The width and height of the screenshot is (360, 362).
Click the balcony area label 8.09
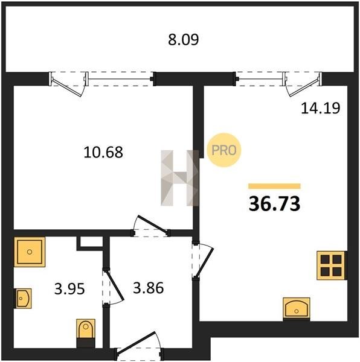click(x=183, y=40)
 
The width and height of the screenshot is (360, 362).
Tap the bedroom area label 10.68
click(x=103, y=153)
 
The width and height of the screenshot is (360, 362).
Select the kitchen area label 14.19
click(x=321, y=108)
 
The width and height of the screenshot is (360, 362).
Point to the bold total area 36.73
click(x=274, y=204)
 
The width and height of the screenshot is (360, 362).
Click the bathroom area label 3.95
click(x=69, y=289)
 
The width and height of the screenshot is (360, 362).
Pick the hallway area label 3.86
click(x=149, y=288)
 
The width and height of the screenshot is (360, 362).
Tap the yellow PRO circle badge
click(x=224, y=150)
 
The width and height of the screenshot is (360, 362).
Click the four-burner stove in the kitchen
click(x=332, y=265)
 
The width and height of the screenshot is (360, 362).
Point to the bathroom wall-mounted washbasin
click(x=22, y=298)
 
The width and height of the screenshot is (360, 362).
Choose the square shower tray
click(x=30, y=252)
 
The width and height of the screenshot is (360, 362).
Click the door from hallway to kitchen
click(x=204, y=260)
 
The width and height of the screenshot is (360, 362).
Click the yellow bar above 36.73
click(x=274, y=186)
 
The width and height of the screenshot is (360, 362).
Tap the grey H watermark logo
click(x=180, y=178)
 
